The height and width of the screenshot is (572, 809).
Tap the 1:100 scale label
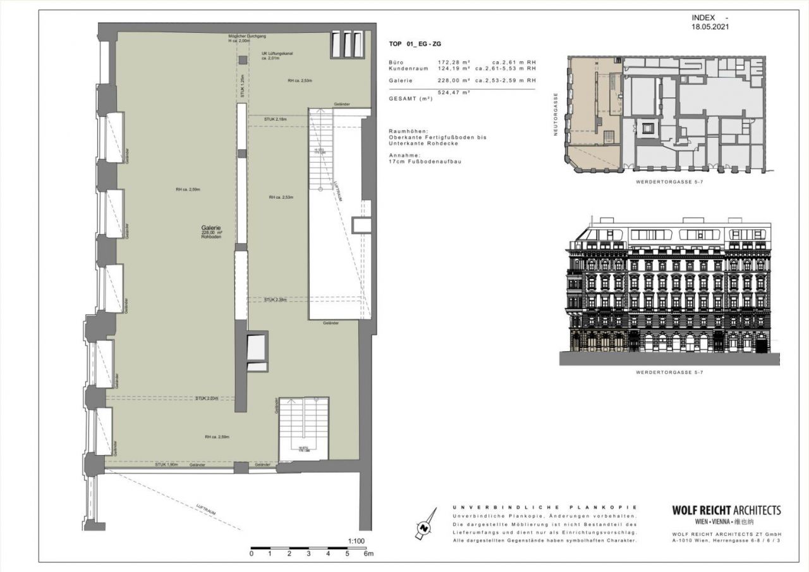356,542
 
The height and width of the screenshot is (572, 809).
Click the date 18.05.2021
711,28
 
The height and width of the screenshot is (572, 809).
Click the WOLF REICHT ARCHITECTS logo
726,510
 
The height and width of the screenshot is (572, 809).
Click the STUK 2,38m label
276,299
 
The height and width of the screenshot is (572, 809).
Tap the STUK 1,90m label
166,464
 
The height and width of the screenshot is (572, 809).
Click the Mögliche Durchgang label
246,37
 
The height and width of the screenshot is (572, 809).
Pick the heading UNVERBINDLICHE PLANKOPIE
545,507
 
